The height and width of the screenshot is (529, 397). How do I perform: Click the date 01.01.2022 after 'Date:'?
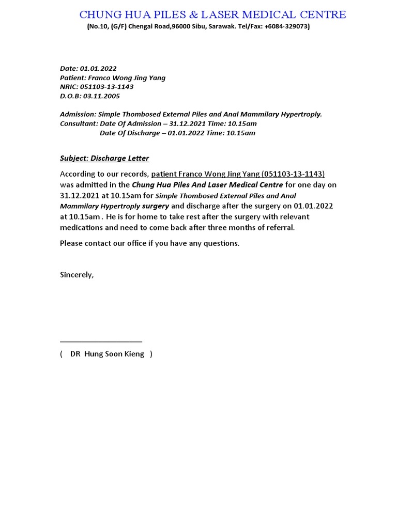(98, 69)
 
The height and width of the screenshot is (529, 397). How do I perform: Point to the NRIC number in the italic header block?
(106, 87)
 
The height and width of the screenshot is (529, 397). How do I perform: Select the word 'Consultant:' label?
(79, 124)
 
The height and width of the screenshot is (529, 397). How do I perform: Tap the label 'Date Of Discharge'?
(129, 133)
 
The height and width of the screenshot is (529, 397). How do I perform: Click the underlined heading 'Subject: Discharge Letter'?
(104, 159)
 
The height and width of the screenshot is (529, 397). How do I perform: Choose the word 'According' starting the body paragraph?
(78, 174)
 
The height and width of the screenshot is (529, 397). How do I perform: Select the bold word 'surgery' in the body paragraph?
(156, 206)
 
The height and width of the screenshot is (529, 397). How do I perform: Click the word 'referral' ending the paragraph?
(280, 228)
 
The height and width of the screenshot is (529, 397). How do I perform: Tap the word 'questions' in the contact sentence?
(222, 243)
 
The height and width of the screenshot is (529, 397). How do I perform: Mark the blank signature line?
(101, 341)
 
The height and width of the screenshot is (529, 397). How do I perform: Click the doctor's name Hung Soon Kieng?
(114, 354)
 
